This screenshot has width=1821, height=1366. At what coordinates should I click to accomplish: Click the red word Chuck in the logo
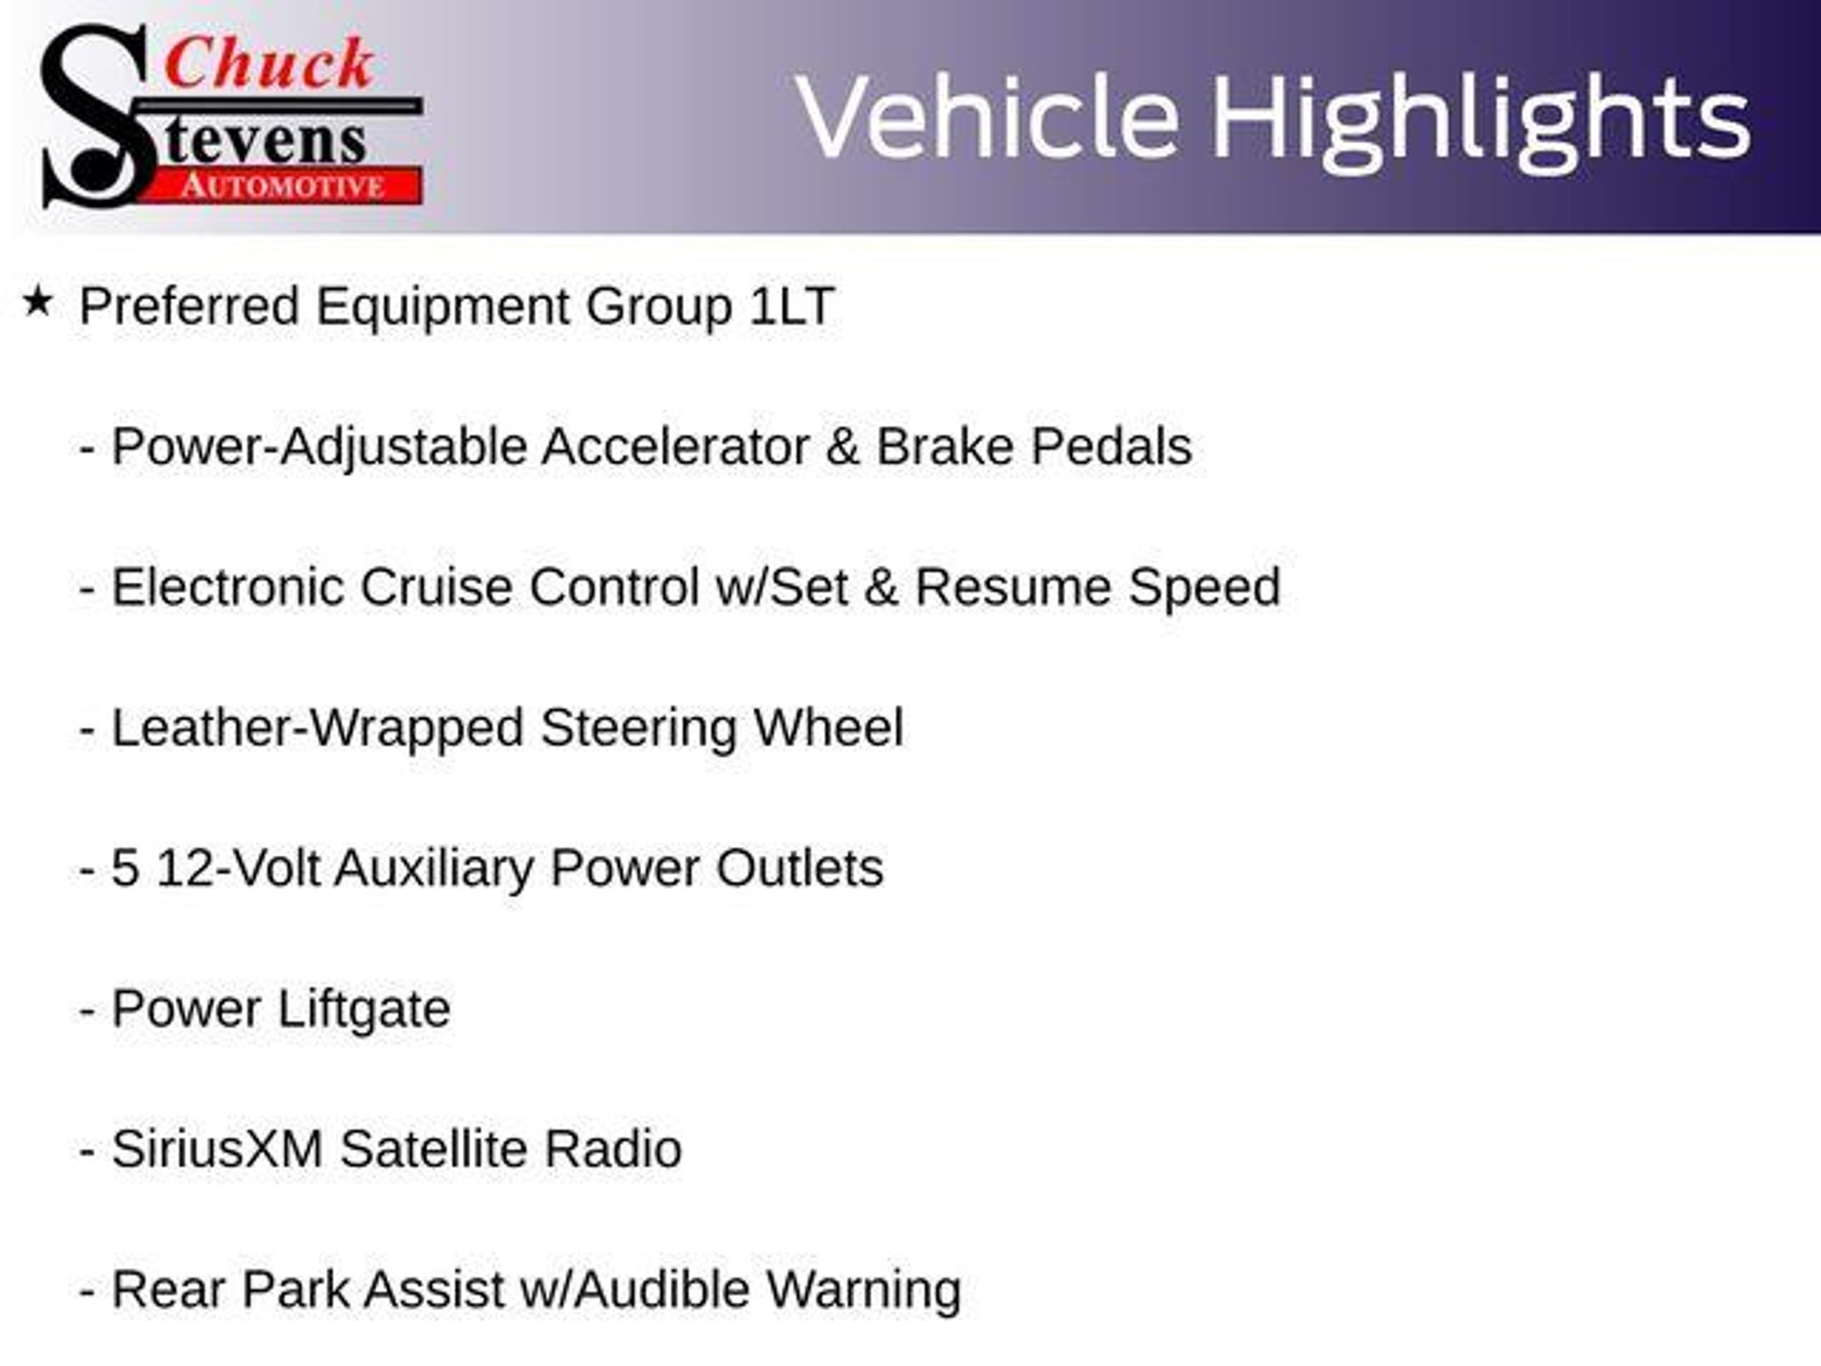tap(269, 63)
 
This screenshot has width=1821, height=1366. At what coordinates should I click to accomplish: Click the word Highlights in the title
tap(1481, 121)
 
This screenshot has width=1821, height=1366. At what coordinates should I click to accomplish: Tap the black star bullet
tap(36, 302)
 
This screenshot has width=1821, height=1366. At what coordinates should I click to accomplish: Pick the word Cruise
tap(437, 587)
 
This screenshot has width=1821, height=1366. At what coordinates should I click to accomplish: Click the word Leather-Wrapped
tap(317, 728)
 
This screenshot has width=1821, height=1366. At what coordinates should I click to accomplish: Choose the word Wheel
tap(829, 727)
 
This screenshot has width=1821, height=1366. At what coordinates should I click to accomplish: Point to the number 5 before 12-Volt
tap(125, 868)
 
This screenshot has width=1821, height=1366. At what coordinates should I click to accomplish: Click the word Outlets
tap(800, 868)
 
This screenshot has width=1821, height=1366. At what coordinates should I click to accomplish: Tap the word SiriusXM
tap(217, 1149)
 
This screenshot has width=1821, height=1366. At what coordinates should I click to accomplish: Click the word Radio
tap(613, 1149)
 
